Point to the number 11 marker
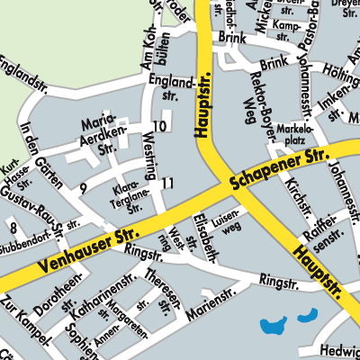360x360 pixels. coord(167,184)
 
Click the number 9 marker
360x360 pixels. coord(83,188)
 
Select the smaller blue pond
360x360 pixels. coord(308,316)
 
